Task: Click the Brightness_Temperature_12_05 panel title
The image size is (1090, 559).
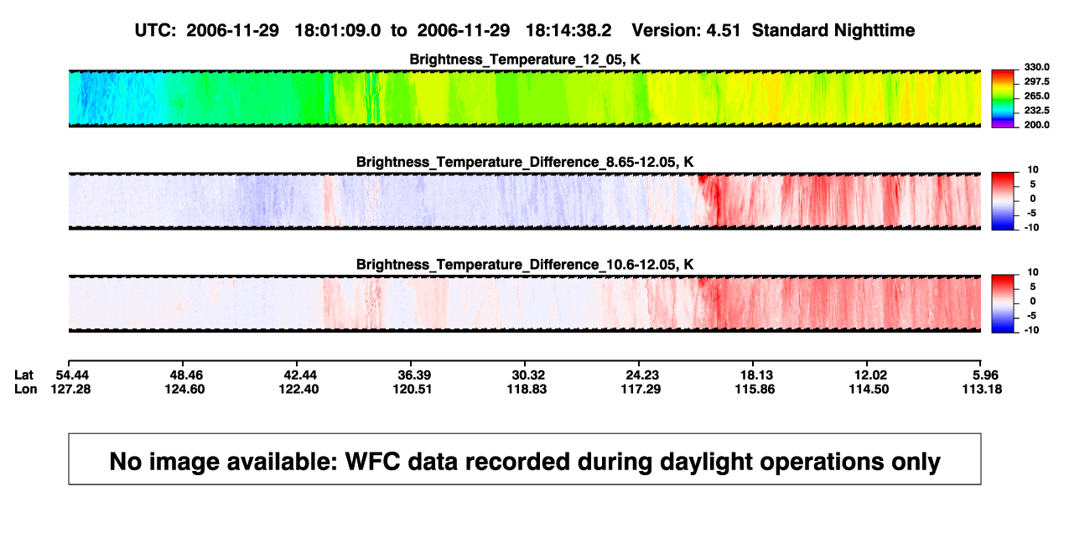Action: point(525,60)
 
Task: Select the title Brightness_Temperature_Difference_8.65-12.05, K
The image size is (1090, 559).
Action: point(525,162)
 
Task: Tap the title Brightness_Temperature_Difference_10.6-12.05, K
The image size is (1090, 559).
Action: point(525,265)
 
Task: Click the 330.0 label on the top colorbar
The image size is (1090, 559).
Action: point(1036,67)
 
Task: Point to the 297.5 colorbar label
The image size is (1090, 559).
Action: point(1036,81)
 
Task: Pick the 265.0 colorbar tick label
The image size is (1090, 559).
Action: point(1036,96)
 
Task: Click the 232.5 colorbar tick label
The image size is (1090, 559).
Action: point(1036,111)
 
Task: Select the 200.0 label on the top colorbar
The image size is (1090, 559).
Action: point(1036,125)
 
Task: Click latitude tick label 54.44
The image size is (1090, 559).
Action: point(72,375)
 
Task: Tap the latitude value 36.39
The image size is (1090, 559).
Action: point(414,375)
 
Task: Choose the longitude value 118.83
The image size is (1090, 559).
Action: point(527,389)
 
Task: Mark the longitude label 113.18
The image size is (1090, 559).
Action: point(982,389)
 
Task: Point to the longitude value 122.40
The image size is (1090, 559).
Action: point(298,389)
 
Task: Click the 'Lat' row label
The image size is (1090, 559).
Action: point(23,375)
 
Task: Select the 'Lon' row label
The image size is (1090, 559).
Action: point(25,389)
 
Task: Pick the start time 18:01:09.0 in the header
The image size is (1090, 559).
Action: point(338,31)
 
